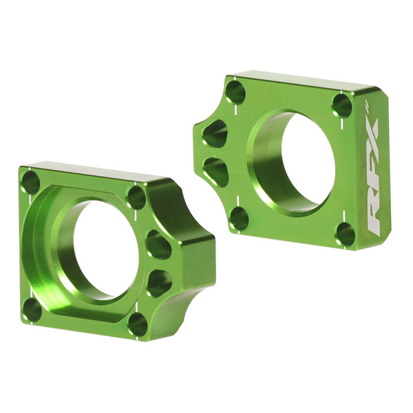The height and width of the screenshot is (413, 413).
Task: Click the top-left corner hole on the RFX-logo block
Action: (235, 92)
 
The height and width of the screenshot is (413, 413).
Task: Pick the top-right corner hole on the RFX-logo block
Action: (341, 105)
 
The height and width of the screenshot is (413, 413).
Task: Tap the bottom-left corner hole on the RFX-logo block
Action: (239, 218)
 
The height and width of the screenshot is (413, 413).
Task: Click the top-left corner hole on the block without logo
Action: (31, 182)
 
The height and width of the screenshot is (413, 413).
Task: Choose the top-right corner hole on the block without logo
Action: (136, 198)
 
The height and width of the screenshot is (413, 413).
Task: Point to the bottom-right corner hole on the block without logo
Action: (138, 324)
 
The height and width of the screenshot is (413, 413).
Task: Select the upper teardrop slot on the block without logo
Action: (159, 244)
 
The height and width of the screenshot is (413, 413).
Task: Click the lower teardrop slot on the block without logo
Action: (159, 282)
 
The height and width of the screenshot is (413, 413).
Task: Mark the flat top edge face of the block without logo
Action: (89, 170)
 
